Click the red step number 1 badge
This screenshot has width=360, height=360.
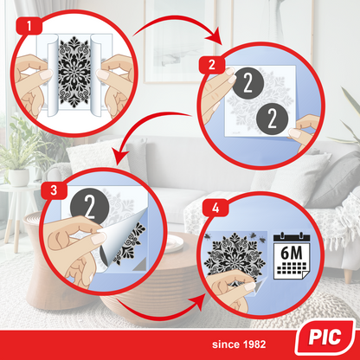click(29, 26)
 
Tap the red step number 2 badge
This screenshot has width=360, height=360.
click(212, 65)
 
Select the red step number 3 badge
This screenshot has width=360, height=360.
click(54, 190)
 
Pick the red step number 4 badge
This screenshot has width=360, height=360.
click(215, 209)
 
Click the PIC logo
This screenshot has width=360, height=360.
click(325, 337)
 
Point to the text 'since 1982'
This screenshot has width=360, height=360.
click(239, 344)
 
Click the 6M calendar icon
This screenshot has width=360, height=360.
click(292, 256)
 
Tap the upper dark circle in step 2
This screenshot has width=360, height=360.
click(248, 83)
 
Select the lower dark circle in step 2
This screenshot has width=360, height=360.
click(272, 119)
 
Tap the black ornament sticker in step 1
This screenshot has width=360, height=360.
click(74, 72)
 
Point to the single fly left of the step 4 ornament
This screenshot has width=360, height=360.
click(208, 236)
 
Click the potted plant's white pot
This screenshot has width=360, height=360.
click(19, 177)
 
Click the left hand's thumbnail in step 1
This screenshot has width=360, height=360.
click(46, 74)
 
